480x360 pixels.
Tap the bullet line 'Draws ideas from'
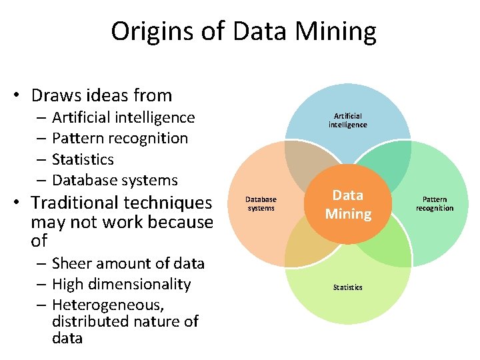tap(101, 95)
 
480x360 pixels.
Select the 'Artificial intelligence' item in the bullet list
tap(123, 118)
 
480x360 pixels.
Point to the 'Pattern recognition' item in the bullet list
tap(120, 139)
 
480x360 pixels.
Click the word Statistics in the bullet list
tap(83, 160)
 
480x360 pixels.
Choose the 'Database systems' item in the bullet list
tap(115, 180)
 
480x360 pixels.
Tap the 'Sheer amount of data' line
tap(128, 263)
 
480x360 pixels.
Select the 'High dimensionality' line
tap(121, 284)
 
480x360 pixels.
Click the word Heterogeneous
tap(108, 305)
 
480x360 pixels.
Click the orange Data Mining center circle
tap(348, 204)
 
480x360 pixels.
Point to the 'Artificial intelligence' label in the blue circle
tap(347, 121)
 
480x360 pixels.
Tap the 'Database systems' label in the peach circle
tap(261, 204)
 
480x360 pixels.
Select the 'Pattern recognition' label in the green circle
tap(435, 204)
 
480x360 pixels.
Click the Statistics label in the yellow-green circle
tap(347, 287)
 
